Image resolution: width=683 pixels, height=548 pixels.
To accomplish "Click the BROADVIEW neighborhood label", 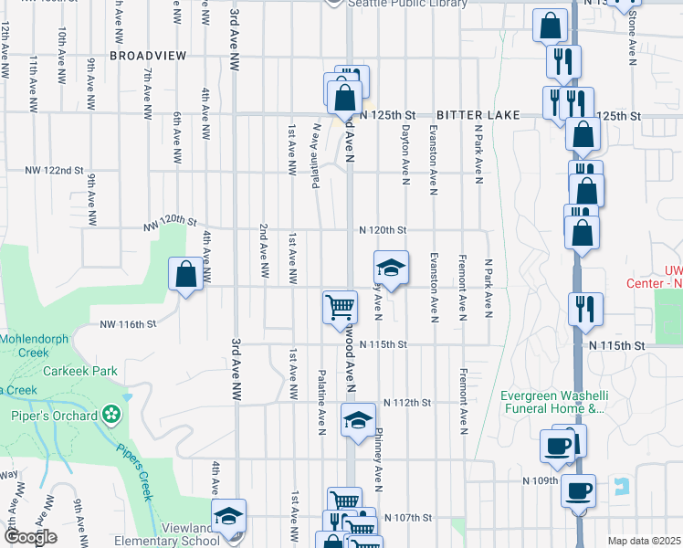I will click(x=148, y=56).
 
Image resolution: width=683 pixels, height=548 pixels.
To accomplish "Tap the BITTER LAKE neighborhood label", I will click(x=478, y=115).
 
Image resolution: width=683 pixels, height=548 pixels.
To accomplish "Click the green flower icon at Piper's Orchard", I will click(x=112, y=416).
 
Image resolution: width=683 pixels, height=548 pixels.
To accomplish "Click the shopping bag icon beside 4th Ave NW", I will click(x=185, y=274).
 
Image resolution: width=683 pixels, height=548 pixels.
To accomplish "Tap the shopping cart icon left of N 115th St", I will click(x=340, y=306).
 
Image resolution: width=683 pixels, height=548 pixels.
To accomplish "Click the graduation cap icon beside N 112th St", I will click(x=359, y=421).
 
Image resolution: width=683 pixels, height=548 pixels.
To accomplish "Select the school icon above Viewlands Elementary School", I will click(x=229, y=516).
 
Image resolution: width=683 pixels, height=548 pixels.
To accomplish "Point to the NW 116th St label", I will click(x=128, y=324).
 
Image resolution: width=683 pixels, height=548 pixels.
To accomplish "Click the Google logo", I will click(x=30, y=538).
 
